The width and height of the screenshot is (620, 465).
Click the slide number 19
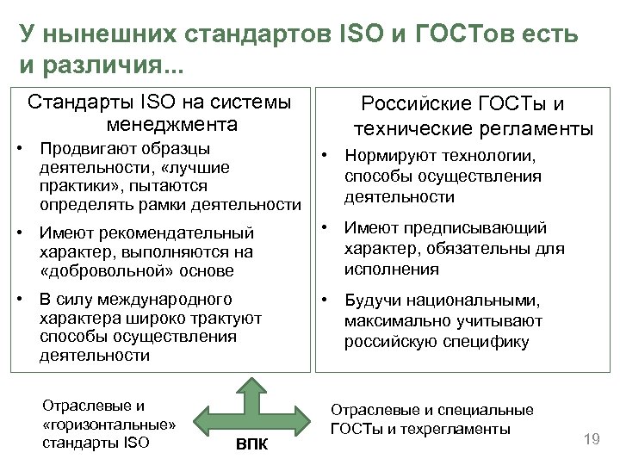(592, 440)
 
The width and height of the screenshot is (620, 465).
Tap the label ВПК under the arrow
(251, 445)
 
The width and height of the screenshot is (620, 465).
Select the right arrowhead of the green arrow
(304, 419)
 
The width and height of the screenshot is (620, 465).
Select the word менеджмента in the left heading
(179, 124)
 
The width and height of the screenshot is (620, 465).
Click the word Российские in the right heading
(412, 105)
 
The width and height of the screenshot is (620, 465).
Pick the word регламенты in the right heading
(536, 129)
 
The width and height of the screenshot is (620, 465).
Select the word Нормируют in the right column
(386, 156)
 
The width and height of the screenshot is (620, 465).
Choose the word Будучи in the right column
(372, 301)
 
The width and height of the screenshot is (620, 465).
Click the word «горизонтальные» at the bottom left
(108, 425)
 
